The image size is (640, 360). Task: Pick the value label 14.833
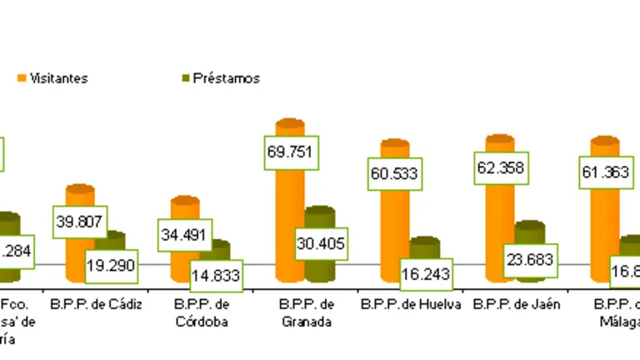(x=215, y=276)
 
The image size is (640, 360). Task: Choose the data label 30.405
(x=321, y=244)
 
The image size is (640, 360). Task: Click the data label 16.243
(x=426, y=274)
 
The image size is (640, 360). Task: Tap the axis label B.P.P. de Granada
(x=308, y=312)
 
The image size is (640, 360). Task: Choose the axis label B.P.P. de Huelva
(x=411, y=304)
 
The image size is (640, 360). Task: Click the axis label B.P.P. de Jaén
(x=517, y=304)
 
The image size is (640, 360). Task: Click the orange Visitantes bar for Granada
(x=289, y=225)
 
